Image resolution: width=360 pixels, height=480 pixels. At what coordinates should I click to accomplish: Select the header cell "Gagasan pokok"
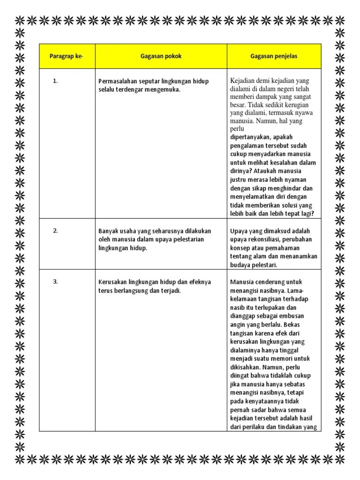(161, 56)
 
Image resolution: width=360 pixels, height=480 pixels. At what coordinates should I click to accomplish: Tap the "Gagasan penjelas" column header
(274, 56)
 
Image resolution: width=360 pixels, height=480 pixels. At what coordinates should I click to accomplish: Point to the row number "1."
(55, 81)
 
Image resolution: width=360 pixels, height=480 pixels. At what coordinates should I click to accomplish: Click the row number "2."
(55, 231)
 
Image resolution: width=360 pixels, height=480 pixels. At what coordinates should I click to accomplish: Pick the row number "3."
(55, 282)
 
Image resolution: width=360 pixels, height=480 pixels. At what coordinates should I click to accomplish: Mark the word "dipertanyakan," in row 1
(251, 137)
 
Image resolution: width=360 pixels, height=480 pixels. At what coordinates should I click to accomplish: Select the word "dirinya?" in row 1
(241, 171)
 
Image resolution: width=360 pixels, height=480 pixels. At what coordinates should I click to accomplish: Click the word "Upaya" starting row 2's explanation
(239, 231)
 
